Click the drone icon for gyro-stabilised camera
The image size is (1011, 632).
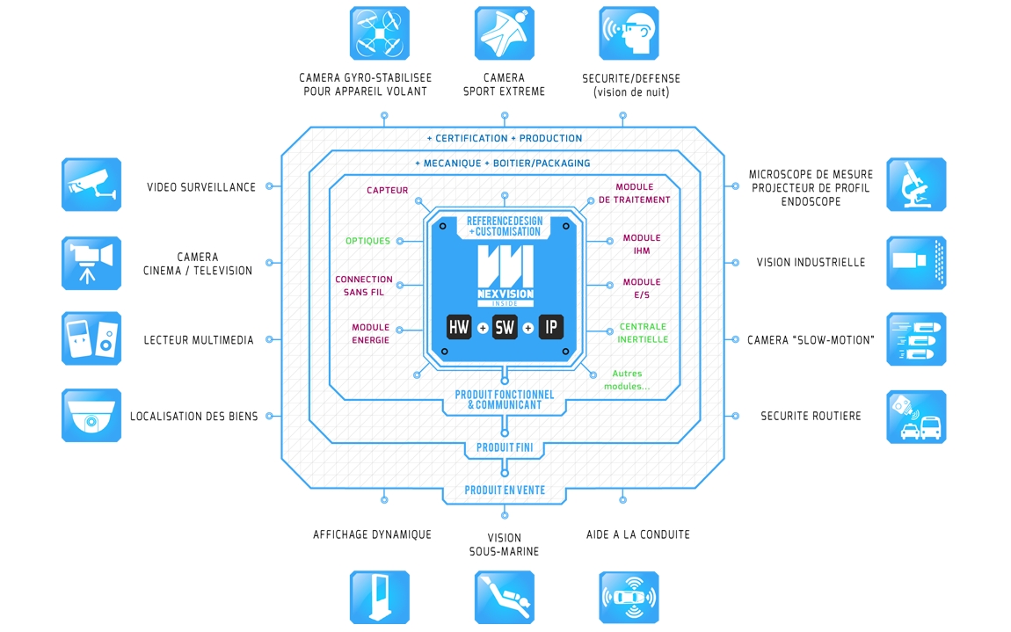[x=380, y=33]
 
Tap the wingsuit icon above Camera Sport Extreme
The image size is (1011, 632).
[x=505, y=33]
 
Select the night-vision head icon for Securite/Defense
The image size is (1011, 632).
[x=629, y=33]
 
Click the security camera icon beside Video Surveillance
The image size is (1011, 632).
[x=91, y=185]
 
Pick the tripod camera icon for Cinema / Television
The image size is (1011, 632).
[x=91, y=263]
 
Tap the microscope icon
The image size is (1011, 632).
[x=916, y=185]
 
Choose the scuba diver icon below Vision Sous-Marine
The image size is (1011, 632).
[x=505, y=598]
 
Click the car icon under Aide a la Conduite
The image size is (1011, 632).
[x=629, y=598]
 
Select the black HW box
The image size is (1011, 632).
[x=460, y=328]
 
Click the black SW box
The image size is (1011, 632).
[x=505, y=328]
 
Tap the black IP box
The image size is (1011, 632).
[x=550, y=328]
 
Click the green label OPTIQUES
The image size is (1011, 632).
[x=367, y=241]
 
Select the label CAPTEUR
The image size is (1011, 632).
[x=387, y=191]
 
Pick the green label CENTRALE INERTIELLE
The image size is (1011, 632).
[x=643, y=333]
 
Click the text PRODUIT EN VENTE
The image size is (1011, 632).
[x=505, y=490]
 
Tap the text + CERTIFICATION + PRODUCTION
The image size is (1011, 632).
[x=505, y=139]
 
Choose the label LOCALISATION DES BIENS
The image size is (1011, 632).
[x=194, y=417]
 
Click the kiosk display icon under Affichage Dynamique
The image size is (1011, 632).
[x=380, y=598]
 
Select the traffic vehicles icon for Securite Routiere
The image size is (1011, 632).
[x=916, y=417]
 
